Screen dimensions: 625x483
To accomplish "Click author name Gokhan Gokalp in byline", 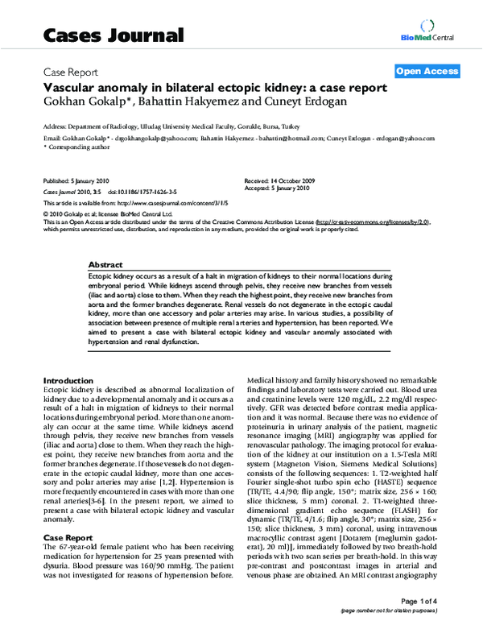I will click(x=81, y=101).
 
